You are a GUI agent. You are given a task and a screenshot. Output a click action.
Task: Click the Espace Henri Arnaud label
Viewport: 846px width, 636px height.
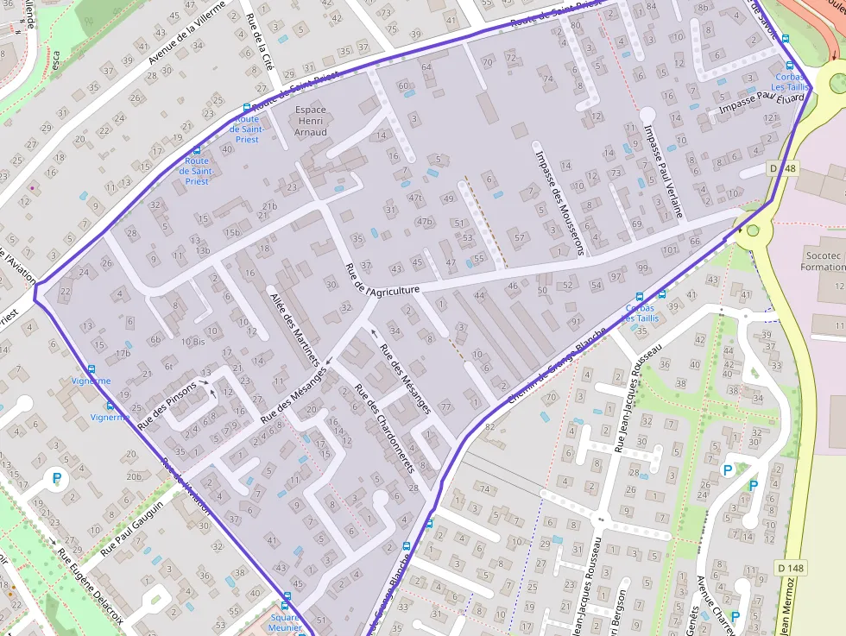[311, 121]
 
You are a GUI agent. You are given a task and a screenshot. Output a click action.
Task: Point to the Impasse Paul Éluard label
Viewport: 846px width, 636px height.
[756, 107]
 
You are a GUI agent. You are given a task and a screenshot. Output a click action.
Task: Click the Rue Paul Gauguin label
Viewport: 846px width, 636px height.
[132, 527]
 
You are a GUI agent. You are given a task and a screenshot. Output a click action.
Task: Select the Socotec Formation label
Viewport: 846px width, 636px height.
[823, 261]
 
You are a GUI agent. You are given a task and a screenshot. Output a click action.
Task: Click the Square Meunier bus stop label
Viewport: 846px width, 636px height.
[284, 622]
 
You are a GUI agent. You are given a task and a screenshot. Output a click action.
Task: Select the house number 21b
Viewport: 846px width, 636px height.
[270, 206]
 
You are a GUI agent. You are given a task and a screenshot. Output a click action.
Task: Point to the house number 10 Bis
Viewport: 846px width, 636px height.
[193, 342]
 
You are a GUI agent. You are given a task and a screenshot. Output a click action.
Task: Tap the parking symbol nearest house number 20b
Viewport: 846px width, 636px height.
[57, 477]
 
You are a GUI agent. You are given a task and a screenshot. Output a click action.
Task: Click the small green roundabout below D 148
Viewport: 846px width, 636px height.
[753, 230]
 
